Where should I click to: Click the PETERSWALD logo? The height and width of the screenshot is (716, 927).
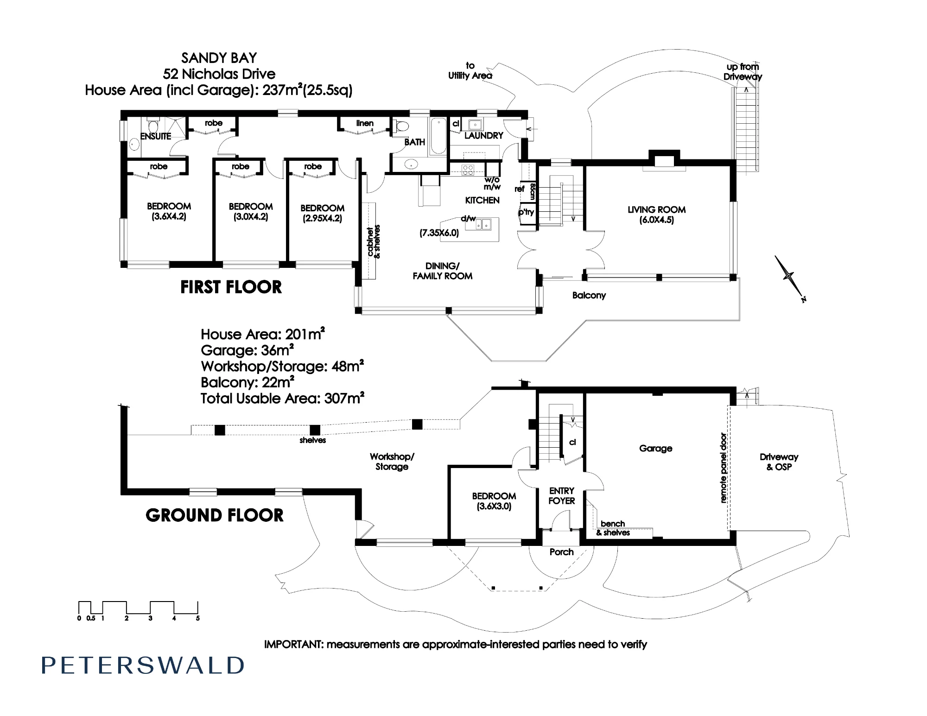[143, 665]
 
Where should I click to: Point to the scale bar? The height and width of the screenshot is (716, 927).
[139, 610]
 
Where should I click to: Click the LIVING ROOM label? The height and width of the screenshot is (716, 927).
[656, 209]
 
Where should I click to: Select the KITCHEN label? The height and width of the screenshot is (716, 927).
[482, 200]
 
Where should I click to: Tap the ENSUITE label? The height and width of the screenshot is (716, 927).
[156, 136]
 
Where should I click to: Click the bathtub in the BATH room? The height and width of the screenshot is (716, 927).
[438, 137]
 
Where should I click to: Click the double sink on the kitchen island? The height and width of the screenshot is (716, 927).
[483, 224]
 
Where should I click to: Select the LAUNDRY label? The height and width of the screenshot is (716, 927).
[483, 135]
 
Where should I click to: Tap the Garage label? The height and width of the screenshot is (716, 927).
[655, 448]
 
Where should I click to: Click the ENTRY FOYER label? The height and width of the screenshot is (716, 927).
[561, 495]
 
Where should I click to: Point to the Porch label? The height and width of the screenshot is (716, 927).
[561, 552]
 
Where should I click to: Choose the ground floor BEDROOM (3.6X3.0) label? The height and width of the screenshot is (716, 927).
[494, 501]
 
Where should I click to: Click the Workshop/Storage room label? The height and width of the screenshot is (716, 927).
[392, 462]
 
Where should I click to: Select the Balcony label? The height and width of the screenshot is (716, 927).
[589, 295]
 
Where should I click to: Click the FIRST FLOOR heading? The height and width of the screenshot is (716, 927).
[231, 287]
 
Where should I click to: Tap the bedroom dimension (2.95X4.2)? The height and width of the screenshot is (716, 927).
[322, 218]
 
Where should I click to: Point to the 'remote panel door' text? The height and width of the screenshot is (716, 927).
[723, 468]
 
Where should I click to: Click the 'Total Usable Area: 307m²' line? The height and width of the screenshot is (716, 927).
[282, 398]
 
